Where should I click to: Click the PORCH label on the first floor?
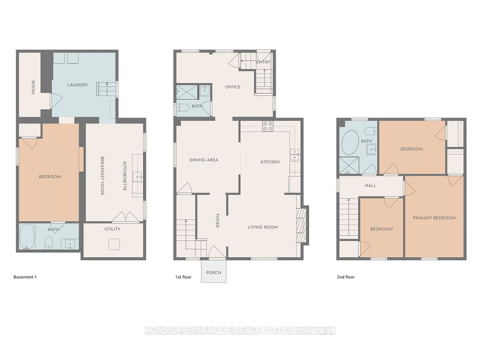(213, 272)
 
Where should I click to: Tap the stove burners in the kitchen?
(267, 126)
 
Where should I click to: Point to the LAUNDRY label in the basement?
(77, 85)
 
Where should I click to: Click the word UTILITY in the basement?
(112, 229)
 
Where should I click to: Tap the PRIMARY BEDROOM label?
(434, 218)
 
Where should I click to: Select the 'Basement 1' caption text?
(25, 277)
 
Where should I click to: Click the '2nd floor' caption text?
(346, 277)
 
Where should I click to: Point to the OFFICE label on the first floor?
(232, 87)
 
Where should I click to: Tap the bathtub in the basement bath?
(27, 236)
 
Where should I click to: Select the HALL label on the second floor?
(370, 185)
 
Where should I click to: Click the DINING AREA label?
(204, 160)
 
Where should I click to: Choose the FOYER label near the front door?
(217, 220)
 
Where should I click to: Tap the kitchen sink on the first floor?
(295, 154)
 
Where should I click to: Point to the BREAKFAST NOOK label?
(102, 175)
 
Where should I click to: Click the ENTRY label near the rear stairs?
(263, 62)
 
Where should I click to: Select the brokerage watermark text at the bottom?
(239, 330)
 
